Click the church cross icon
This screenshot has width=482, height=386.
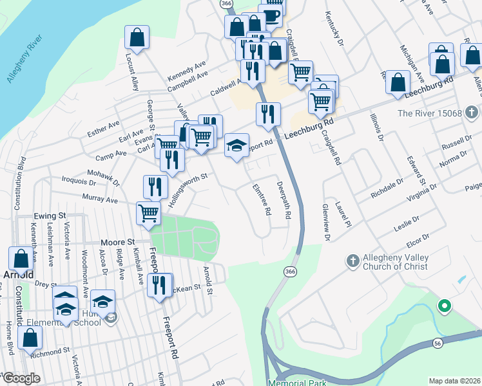pos(352,261)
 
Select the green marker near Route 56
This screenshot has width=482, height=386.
pos(443,306)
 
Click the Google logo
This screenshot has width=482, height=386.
pos(21,378)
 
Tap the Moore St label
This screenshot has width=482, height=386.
pos(117,243)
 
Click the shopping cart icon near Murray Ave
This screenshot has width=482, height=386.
pos(149,213)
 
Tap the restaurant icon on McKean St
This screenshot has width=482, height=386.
pos(160,285)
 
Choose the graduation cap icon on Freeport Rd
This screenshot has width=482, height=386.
pos(236,145)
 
